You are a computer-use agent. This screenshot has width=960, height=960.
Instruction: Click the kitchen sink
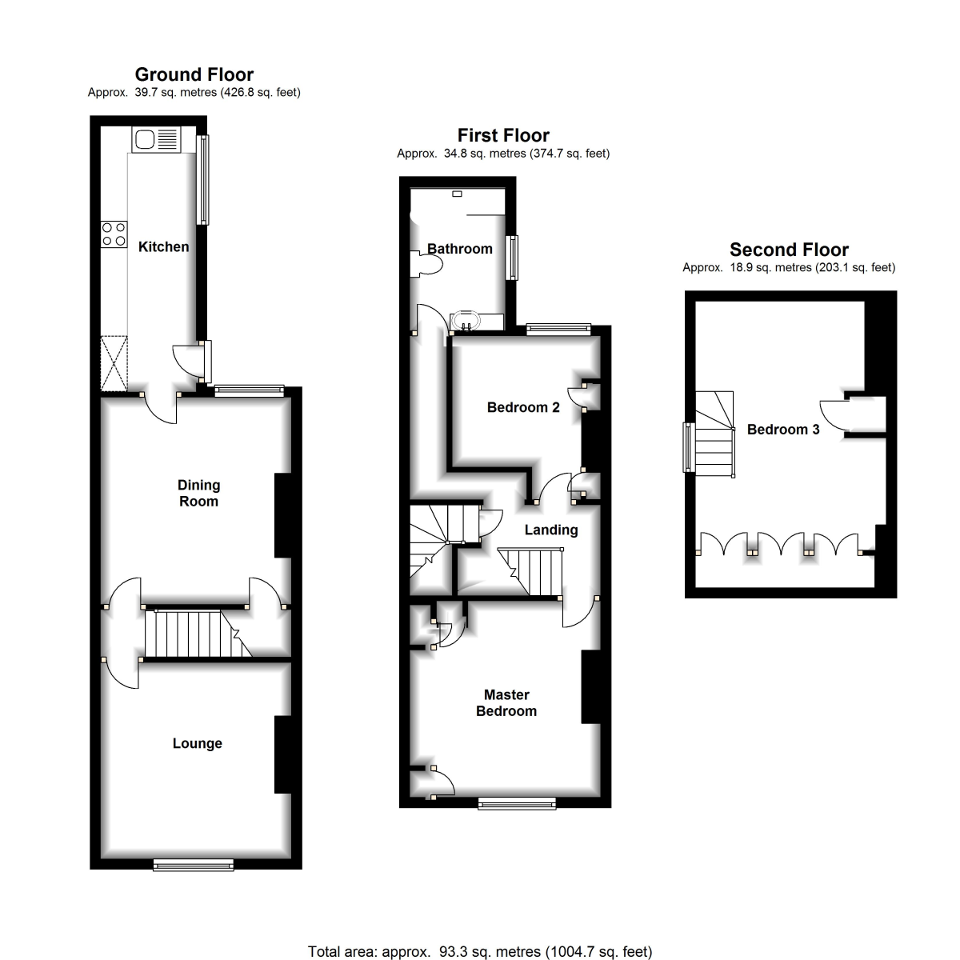pyautogui.click(x=156, y=139)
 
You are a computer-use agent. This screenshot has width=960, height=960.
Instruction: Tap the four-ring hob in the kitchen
pyautogui.click(x=114, y=234)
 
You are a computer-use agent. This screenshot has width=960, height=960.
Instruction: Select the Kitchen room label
pyautogui.click(x=163, y=246)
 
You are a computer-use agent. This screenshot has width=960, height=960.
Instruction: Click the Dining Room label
pyautogui.click(x=198, y=493)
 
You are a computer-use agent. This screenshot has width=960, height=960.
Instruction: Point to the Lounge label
pyautogui.click(x=198, y=742)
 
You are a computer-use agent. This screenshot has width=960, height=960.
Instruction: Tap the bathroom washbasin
pyautogui.click(x=466, y=321)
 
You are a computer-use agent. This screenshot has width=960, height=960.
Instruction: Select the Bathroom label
pyautogui.click(x=460, y=249)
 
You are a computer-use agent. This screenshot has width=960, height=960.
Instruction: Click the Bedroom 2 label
pyautogui.click(x=523, y=407)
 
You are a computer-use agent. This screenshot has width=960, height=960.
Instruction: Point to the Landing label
pyautogui.click(x=551, y=530)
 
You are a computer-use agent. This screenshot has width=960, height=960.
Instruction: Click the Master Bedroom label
pyautogui.click(x=506, y=702)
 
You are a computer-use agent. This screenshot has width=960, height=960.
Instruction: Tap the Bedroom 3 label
pyautogui.click(x=783, y=429)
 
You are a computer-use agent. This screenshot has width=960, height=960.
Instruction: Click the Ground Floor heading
pyautogui.click(x=194, y=74)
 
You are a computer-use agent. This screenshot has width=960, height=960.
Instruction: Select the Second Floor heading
pyautogui.click(x=789, y=249)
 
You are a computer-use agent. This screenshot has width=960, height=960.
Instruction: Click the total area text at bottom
pyautogui.click(x=480, y=951)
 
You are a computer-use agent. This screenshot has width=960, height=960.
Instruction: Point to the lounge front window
pyautogui.click(x=194, y=865)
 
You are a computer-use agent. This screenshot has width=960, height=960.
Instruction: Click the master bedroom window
pyautogui.click(x=517, y=803)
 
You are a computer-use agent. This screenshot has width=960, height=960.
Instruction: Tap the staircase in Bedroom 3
pyautogui.click(x=714, y=434)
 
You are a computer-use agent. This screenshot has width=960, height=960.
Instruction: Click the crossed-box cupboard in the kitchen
pyautogui.click(x=114, y=363)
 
